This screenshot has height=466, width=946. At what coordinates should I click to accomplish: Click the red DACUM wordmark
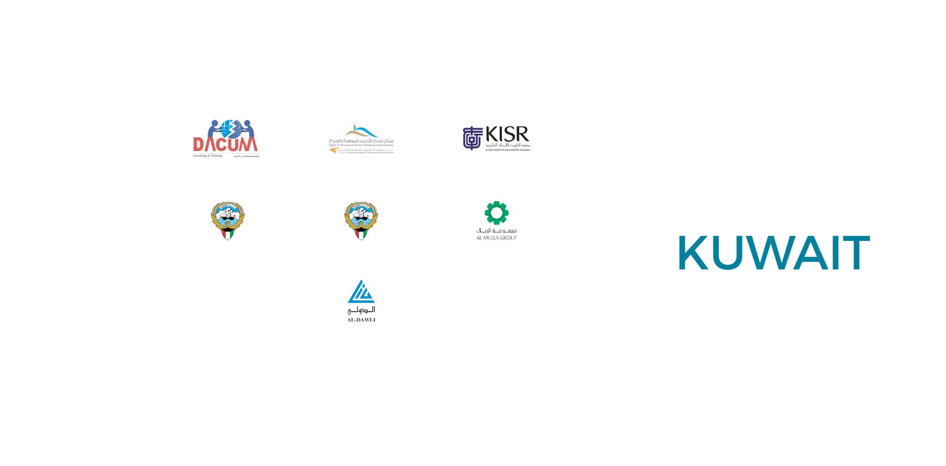[225, 143]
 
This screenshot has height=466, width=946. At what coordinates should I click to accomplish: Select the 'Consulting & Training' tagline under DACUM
[207, 155]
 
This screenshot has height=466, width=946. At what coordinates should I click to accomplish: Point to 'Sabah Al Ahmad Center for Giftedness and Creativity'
[361, 145]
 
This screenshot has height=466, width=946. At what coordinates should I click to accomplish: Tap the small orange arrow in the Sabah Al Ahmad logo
[334, 150]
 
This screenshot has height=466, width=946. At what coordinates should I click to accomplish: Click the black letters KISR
[508, 134]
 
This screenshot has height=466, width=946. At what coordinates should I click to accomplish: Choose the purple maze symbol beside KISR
[472, 138]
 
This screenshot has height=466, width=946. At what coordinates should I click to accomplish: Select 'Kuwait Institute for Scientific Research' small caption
[508, 150]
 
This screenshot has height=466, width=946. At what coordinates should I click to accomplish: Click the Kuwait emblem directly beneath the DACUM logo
[228, 221]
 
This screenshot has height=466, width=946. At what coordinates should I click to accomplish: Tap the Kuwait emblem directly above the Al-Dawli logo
[361, 221]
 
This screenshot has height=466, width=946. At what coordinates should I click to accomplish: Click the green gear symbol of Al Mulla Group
[496, 213]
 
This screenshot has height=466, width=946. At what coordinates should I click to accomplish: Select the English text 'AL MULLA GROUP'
[496, 238]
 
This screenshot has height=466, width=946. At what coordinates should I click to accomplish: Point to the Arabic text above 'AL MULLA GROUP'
[496, 230]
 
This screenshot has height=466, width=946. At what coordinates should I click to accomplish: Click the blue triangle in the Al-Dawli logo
[361, 292]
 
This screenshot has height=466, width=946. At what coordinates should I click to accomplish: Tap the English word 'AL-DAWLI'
[361, 320]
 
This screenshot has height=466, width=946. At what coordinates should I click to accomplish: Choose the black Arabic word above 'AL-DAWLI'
[361, 310]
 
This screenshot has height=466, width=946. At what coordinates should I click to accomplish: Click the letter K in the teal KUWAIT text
[693, 253]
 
